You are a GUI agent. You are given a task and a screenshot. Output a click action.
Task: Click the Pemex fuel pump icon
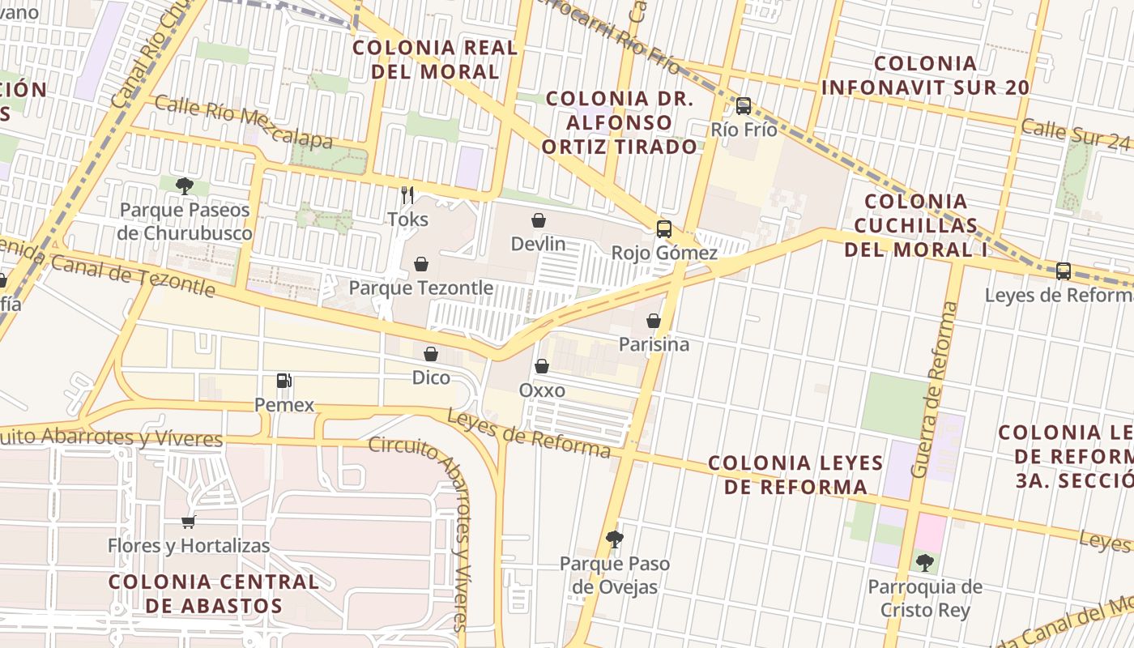coord(283,380)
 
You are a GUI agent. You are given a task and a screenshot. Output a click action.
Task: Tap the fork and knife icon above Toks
coord(407,195)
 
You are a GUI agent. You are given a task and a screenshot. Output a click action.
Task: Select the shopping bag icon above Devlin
coord(538,220)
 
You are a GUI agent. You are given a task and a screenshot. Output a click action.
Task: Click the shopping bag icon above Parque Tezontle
coord(420,264)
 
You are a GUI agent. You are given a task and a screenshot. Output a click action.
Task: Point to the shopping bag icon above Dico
coord(431,354)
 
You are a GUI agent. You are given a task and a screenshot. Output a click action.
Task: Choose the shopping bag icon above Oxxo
coord(542,367)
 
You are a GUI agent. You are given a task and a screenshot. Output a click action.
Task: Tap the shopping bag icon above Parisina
coord(654,321)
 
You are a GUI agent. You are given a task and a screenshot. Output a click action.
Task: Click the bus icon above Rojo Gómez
coord(664,229)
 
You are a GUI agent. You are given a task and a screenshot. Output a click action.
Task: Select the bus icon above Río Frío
coord(743,106)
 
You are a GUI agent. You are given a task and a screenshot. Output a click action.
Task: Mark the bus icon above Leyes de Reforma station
coord(1063,271)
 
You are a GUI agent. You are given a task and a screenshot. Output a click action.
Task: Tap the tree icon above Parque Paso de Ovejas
coord(615,539)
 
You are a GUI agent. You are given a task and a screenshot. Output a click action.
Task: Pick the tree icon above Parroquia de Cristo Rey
coord(924,562)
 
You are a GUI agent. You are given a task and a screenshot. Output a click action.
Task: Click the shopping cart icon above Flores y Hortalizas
coord(189,522)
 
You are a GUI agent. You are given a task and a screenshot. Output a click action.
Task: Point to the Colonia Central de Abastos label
coord(214,593)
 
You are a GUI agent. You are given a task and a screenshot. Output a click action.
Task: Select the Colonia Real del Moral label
coord(435,59)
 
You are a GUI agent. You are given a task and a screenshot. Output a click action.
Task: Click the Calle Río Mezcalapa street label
coord(243,122)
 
